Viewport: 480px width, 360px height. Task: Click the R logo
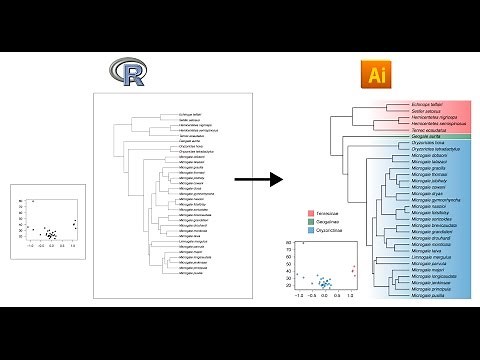(x=130, y=73)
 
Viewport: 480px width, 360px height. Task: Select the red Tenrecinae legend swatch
(x=300, y=213)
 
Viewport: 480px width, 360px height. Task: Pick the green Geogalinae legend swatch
(x=300, y=227)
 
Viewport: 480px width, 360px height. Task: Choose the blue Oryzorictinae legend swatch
(x=300, y=241)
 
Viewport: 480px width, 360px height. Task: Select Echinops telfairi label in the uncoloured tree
(x=189, y=115)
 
